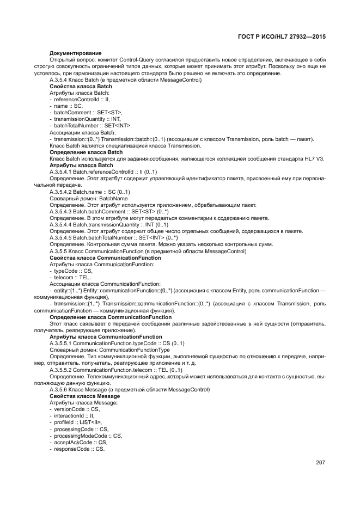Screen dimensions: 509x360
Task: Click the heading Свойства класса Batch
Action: point(81,87)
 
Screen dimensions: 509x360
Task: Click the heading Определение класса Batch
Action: point(86,152)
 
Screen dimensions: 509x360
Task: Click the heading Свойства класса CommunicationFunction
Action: point(105,257)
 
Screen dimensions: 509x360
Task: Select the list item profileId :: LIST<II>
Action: point(78,422)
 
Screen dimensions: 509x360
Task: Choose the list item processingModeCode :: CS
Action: point(88,436)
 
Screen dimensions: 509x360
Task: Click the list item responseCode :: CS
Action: point(79,449)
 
